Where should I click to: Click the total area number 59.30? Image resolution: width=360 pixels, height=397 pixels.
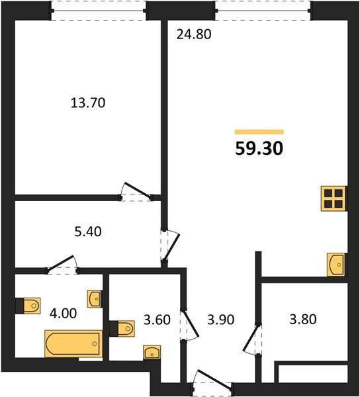pos(259,148)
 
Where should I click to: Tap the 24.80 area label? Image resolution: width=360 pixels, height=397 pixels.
pos(194,34)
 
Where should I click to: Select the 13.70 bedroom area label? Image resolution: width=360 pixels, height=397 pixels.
pos(88,103)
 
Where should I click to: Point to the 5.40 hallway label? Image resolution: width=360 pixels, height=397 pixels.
pos(88,232)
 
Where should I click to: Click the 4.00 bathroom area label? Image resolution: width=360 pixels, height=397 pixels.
pos(63,314)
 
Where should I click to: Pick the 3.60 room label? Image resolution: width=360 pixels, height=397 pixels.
pos(157,320)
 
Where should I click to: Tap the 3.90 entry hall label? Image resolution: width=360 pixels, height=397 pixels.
pos(221,320)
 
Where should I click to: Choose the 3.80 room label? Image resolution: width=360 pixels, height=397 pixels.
pos(303,319)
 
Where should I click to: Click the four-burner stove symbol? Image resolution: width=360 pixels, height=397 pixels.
pos(334,198)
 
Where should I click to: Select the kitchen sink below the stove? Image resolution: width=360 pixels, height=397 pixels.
pos(336,265)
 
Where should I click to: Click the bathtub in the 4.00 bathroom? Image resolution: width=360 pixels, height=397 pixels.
pos(73,343)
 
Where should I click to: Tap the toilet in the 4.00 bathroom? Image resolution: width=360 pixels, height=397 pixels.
pos(28,306)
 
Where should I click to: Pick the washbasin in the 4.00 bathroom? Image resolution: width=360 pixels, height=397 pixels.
pos(95,299)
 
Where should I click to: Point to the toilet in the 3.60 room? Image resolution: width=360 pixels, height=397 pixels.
pos(122,329)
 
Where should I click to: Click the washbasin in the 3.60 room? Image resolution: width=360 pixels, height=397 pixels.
pos(152,352)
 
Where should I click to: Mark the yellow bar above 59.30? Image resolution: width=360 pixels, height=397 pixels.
pos(259,132)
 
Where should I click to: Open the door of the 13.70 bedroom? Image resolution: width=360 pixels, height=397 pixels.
pos(137,192)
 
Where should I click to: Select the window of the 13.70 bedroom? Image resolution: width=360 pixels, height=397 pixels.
pos(99,11)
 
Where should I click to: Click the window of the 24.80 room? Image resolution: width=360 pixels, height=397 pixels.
pos(263,11)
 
